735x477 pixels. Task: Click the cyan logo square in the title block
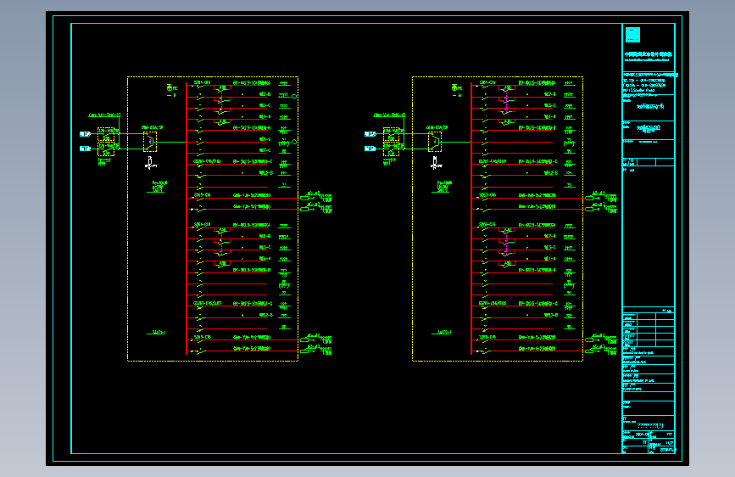pos(632,35)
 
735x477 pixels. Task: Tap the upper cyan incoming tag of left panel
pos(85,134)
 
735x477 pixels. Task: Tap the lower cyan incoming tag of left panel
pos(85,149)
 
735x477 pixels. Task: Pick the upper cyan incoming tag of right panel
pos(370,134)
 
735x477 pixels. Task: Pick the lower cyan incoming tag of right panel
pos(370,149)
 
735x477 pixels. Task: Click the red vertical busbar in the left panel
pos(187,221)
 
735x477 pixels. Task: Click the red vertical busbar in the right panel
pos(471,221)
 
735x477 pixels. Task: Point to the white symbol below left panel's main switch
pos(150,160)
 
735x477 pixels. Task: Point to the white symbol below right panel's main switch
pos(435,160)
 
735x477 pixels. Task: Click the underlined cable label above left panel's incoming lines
pos(105,115)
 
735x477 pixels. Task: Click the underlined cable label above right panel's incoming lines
pos(390,115)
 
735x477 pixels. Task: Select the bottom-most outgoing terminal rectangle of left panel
pos(305,349)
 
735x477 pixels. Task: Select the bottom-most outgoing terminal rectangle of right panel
pos(590,349)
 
